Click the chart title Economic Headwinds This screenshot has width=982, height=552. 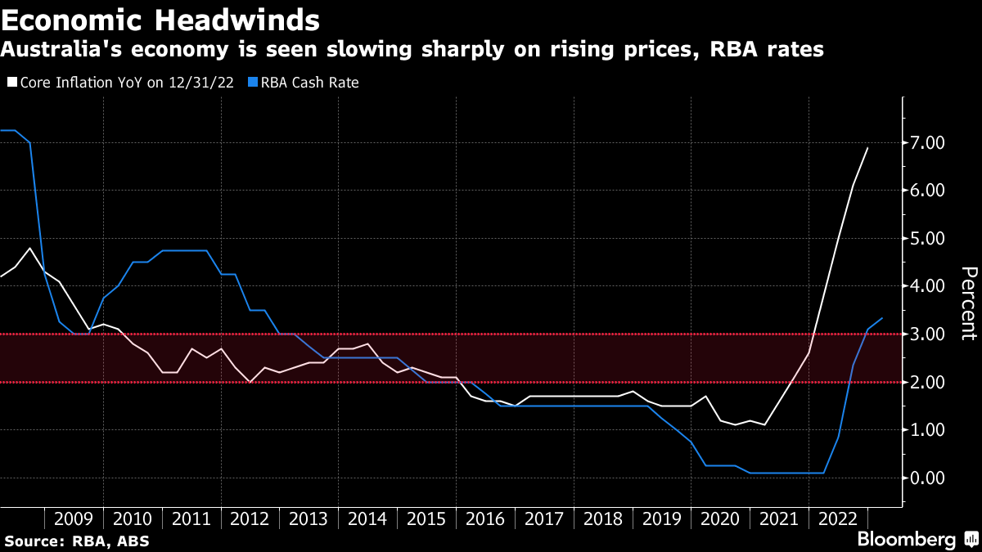pyautogui.click(x=160, y=18)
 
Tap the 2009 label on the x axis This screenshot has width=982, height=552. pyautogui.click(x=74, y=518)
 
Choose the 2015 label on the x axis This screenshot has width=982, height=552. pyautogui.click(x=426, y=518)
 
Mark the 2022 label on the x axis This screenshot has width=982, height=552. pyautogui.click(x=837, y=518)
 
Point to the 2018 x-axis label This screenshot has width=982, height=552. pyautogui.click(x=602, y=518)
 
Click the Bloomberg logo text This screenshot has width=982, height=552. pyautogui.click(x=906, y=540)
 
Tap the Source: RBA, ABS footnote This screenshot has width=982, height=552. pyautogui.click(x=77, y=541)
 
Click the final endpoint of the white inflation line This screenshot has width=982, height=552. pyautogui.click(x=867, y=148)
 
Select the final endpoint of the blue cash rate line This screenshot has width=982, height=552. pyautogui.click(x=882, y=318)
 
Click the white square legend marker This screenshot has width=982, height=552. pyautogui.click(x=11, y=83)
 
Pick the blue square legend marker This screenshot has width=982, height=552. pyautogui.click(x=254, y=83)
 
